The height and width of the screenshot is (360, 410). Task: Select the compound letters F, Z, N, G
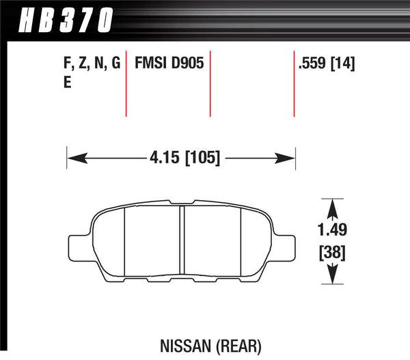[x=92, y=65]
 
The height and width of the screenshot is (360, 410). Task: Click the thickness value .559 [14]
[x=327, y=65]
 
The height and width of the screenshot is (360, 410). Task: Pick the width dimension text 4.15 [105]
[x=183, y=159]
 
